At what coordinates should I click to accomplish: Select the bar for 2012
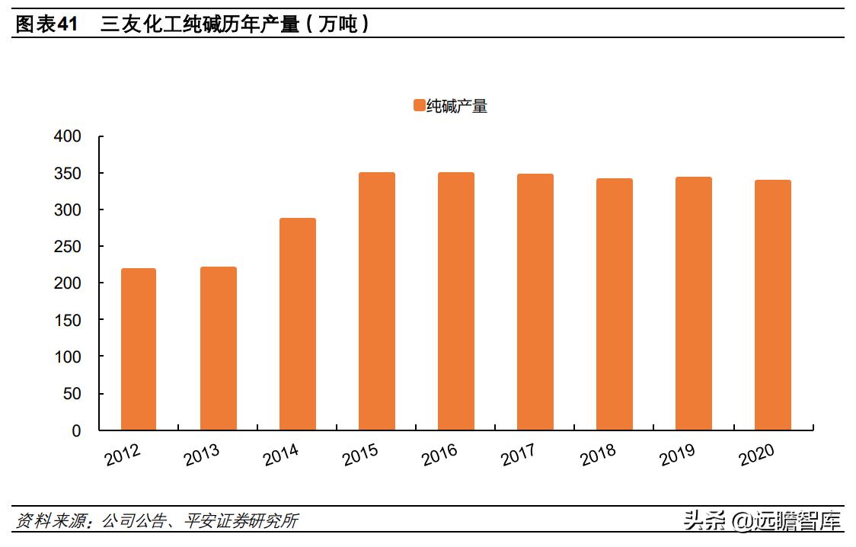139,349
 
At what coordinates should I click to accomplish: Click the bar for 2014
297,324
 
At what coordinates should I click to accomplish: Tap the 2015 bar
377,301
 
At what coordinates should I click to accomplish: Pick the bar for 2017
535,302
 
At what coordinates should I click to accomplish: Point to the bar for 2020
773,305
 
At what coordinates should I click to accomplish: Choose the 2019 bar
694,303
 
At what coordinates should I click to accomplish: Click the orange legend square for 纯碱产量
419,106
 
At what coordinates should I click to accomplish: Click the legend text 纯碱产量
457,106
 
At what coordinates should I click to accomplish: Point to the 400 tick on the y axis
68,136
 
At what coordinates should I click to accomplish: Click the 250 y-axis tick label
68,246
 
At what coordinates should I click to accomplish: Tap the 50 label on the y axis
72,394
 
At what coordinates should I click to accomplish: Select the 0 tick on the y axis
76,430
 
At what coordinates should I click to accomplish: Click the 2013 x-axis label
202,453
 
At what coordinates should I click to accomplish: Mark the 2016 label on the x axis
439,453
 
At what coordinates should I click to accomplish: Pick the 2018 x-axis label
598,453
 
